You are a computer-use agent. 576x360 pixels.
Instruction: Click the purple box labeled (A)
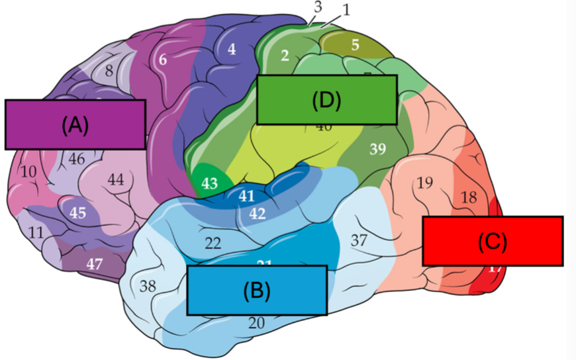[74, 124]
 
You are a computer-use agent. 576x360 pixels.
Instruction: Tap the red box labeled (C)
[493, 241]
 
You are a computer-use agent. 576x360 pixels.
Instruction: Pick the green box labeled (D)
[326, 100]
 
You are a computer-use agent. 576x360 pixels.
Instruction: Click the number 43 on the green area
[210, 184]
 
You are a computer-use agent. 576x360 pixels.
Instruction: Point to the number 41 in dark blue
[246, 196]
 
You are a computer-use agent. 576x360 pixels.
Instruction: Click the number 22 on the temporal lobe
[213, 243]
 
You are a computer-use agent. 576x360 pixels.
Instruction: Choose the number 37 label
[359, 240]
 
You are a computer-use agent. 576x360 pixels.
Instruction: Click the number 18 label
[468, 197]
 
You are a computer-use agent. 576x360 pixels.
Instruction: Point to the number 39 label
[377, 150]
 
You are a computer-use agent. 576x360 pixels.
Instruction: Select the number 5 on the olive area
[355, 46]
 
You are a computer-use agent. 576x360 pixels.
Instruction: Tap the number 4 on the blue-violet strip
[231, 49]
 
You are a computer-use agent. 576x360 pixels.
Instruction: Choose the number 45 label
[77, 213]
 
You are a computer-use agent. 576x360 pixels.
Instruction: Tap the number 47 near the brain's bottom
[95, 263]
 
